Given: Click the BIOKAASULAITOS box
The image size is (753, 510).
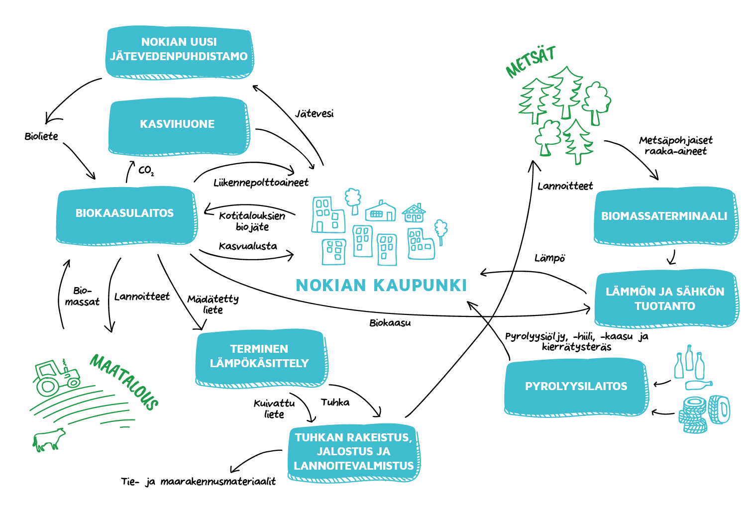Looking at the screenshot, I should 124,214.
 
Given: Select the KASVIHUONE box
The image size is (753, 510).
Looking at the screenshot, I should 177,124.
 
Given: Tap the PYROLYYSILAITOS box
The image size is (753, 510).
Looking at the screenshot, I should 576,387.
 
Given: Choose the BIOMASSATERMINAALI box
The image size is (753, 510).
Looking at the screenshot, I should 664,216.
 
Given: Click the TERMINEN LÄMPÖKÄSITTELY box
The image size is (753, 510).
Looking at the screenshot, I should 259,357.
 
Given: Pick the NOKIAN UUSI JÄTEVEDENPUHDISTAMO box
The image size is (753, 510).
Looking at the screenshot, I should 179,50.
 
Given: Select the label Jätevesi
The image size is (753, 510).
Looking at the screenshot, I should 314,114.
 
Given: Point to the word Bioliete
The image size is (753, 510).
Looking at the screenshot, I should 41,136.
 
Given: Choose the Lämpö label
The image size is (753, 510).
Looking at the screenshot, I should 549,258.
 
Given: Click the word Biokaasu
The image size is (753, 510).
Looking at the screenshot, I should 390,323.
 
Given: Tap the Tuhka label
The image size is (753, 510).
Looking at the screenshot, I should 335,403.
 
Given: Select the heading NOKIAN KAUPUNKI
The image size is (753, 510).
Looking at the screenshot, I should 381,286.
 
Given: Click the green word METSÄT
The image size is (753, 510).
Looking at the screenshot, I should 531,62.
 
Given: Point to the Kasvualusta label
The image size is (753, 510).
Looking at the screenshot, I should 248,246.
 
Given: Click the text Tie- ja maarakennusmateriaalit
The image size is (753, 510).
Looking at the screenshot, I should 198,482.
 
